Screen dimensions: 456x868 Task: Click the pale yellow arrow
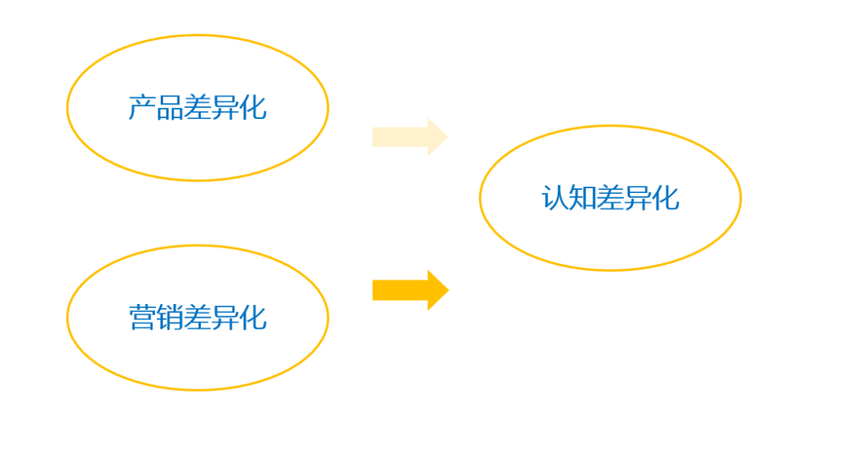coord(408,138)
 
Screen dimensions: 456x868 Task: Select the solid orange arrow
coord(409,290)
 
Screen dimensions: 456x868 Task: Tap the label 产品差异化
coord(197,108)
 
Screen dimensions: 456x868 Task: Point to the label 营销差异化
coord(197,318)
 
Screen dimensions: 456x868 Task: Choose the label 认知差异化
coord(610,198)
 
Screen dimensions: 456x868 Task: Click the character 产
coord(142,108)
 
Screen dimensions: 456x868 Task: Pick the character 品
coord(170,108)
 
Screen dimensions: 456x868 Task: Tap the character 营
coord(142,318)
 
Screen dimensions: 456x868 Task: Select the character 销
coord(170,318)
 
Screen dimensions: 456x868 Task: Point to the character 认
coord(555,198)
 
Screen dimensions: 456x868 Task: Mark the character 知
coord(583,198)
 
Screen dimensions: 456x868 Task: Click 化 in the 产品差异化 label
coord(252,108)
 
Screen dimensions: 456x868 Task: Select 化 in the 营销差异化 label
coord(252,318)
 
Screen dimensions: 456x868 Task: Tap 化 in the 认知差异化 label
coord(665,198)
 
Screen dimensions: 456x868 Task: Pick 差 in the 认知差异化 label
coord(610,198)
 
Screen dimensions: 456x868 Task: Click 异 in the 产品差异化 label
coord(225,108)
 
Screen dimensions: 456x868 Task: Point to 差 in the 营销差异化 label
coord(197,318)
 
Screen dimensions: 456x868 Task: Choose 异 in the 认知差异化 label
coord(638,198)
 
